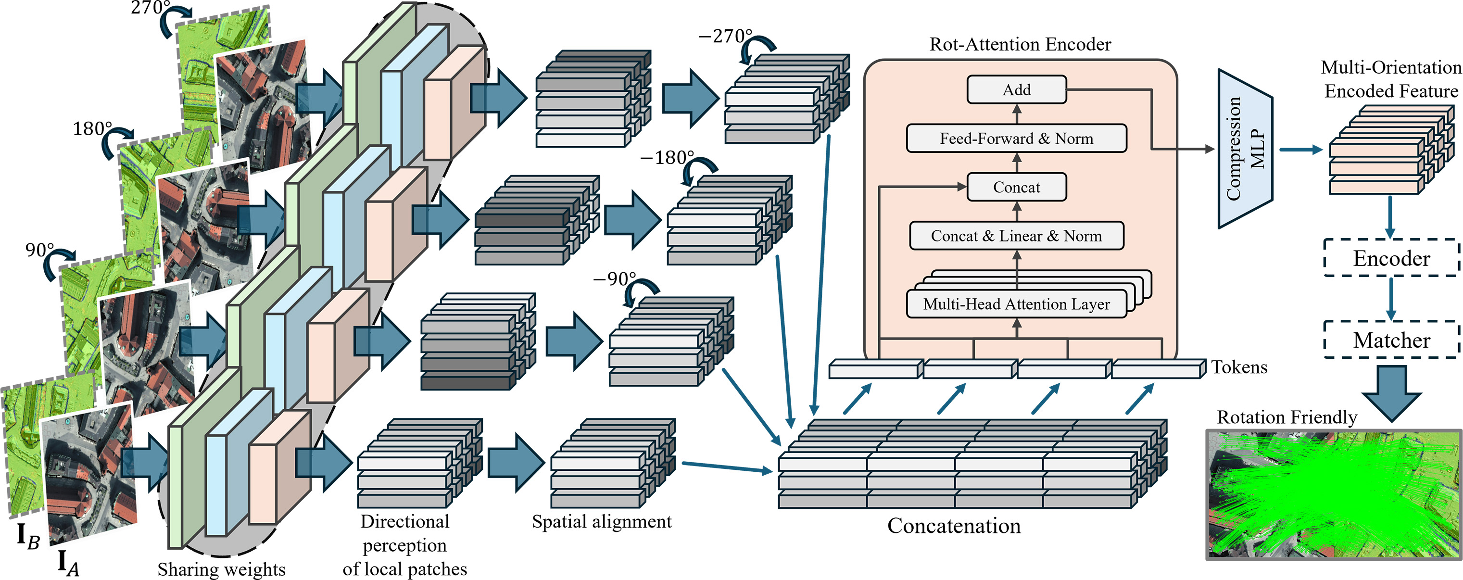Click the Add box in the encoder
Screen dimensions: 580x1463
point(1016,90)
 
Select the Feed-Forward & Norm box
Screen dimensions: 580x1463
point(1016,139)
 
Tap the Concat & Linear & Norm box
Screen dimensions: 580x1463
point(1016,236)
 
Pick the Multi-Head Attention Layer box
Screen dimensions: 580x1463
point(1016,304)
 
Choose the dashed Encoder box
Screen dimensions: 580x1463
point(1391,258)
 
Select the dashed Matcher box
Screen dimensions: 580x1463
point(1391,340)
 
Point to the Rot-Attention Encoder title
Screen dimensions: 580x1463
point(1020,44)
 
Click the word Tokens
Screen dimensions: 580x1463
point(1239,367)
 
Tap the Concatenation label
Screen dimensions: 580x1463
point(954,526)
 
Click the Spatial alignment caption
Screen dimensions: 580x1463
point(602,521)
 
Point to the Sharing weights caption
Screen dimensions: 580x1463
point(222,568)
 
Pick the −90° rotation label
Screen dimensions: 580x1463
point(615,279)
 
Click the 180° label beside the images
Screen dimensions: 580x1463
point(92,129)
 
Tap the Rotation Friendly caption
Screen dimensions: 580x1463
point(1287,417)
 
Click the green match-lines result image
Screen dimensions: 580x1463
point(1334,494)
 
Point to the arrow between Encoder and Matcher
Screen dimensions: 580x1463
point(1391,299)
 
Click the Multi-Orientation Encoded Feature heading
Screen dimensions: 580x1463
point(1391,79)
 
